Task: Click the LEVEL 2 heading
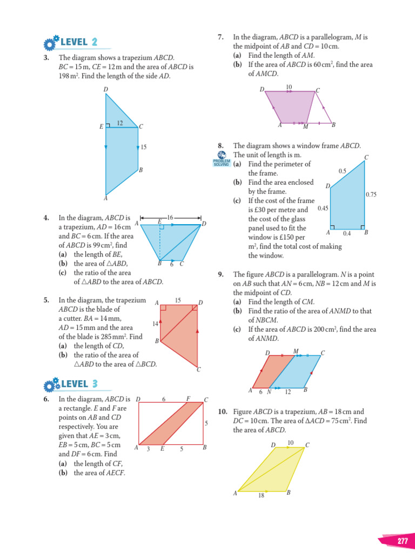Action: pyautogui.click(x=79, y=43)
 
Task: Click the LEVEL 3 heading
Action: pyautogui.click(x=79, y=384)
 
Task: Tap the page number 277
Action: pyautogui.click(x=403, y=542)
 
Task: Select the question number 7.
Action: pyautogui.click(x=220, y=37)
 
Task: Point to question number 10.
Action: pyautogui.click(x=223, y=412)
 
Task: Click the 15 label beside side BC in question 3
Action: pyautogui.click(x=143, y=147)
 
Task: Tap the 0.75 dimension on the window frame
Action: pyautogui.click(x=371, y=195)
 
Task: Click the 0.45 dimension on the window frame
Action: pyautogui.click(x=323, y=208)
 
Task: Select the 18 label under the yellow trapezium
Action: pyautogui.click(x=261, y=496)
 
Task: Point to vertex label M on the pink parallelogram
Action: pyautogui.click(x=305, y=127)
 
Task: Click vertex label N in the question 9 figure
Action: pyautogui.click(x=269, y=392)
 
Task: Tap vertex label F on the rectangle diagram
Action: pyautogui.click(x=188, y=399)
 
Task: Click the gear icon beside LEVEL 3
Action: pyautogui.click(x=51, y=385)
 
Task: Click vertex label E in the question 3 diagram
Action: pyautogui.click(x=101, y=127)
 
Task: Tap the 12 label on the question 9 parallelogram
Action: pyautogui.click(x=287, y=392)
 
